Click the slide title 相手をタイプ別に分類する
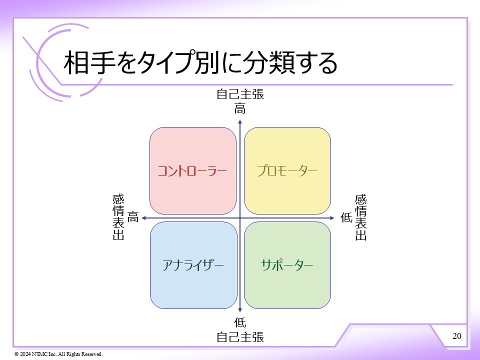(x=200, y=63)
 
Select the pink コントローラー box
(x=193, y=170)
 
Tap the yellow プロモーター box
(x=287, y=170)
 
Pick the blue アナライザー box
(x=193, y=265)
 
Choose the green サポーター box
(x=287, y=265)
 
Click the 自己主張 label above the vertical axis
(x=240, y=94)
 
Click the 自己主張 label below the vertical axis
(x=240, y=336)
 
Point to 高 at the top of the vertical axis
(x=240, y=108)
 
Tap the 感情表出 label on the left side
(x=118, y=217)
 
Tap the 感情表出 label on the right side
(x=360, y=217)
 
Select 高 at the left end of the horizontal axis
(x=132, y=217)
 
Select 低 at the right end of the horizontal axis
(x=346, y=217)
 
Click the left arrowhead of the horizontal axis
(x=143, y=218)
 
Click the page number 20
(x=456, y=335)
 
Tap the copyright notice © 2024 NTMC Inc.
(x=58, y=354)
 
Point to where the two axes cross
(x=240, y=218)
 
